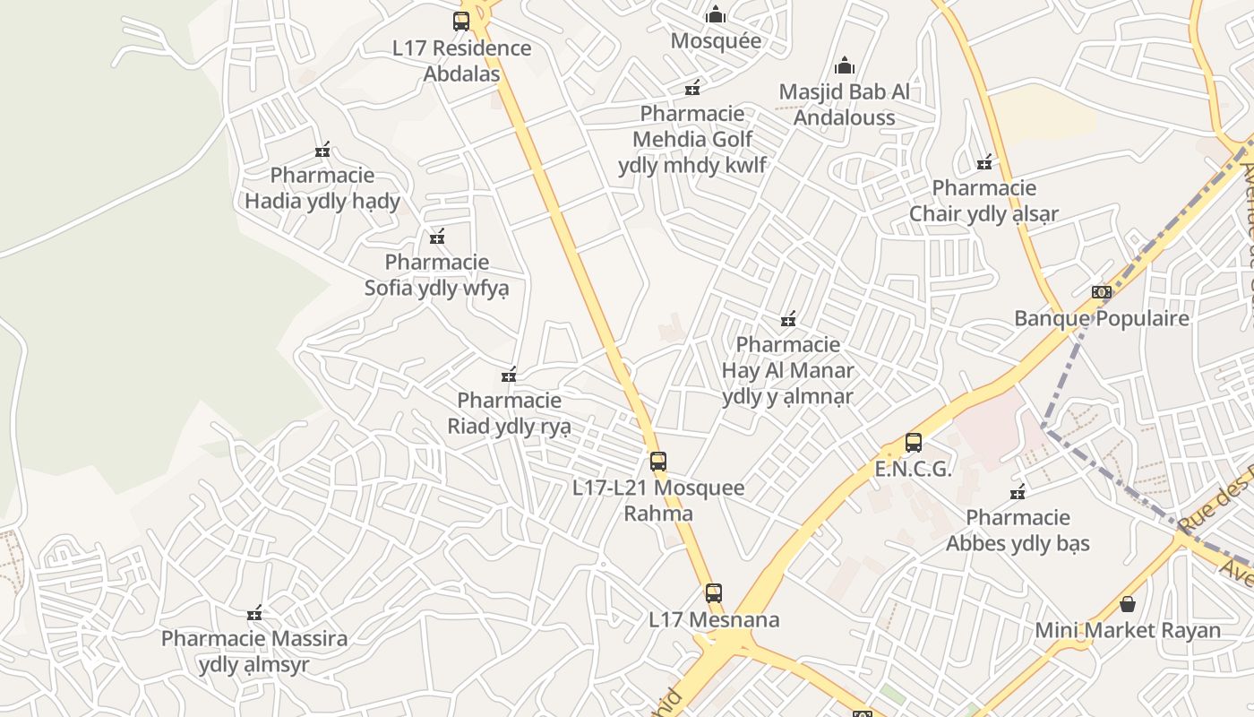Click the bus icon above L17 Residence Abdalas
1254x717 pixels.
[x=461, y=22]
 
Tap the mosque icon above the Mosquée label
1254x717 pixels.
[x=716, y=15]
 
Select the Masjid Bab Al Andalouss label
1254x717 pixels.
[x=844, y=104]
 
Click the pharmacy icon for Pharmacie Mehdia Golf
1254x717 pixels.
[x=692, y=88]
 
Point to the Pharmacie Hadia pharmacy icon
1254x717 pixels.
[x=322, y=150]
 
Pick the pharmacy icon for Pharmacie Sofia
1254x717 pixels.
[x=437, y=237]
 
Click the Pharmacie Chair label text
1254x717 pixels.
[x=983, y=201]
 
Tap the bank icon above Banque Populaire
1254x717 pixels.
[x=1102, y=292]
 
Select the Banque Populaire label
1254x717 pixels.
[x=1102, y=318]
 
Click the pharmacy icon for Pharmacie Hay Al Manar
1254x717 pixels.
[x=788, y=319]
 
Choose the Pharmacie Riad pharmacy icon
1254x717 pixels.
[x=509, y=375]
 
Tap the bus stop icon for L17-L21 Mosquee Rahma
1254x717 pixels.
[x=658, y=462]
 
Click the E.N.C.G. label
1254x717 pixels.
[x=913, y=469]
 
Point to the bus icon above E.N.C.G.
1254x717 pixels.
[x=914, y=443]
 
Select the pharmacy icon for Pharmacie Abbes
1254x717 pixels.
[x=1018, y=492]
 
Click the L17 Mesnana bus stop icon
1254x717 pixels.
[x=714, y=593]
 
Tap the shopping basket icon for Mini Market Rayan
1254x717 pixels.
[x=1128, y=604]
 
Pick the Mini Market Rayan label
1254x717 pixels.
[x=1128, y=630]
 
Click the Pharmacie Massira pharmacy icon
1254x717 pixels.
[x=254, y=613]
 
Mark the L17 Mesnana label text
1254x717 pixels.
[x=714, y=619]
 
